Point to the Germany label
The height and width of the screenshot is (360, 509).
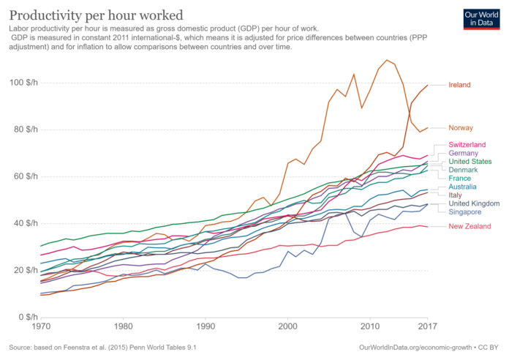463,153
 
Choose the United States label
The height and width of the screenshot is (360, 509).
470,161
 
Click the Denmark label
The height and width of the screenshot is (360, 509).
463,170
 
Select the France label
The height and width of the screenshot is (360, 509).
459,178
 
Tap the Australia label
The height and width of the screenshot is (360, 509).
464,187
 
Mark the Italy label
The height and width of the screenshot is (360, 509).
455,195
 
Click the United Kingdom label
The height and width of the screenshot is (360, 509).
473,203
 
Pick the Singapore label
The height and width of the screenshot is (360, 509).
465,211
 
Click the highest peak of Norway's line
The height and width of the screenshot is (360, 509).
387,60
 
